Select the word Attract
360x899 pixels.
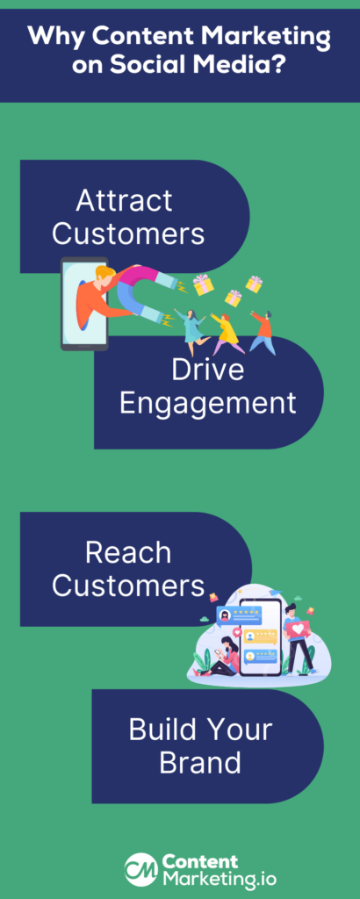click(125, 201)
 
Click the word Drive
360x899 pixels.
click(207, 370)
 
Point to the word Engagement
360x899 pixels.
click(207, 403)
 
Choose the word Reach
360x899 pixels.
click(128, 553)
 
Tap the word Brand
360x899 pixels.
click(200, 763)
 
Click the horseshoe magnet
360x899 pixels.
click(148, 292)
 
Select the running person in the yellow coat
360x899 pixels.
click(226, 334)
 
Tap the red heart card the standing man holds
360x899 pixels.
click(299, 629)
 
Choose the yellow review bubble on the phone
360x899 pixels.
click(258, 636)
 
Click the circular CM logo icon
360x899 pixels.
click(141, 868)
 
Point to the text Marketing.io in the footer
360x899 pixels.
click(219, 879)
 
